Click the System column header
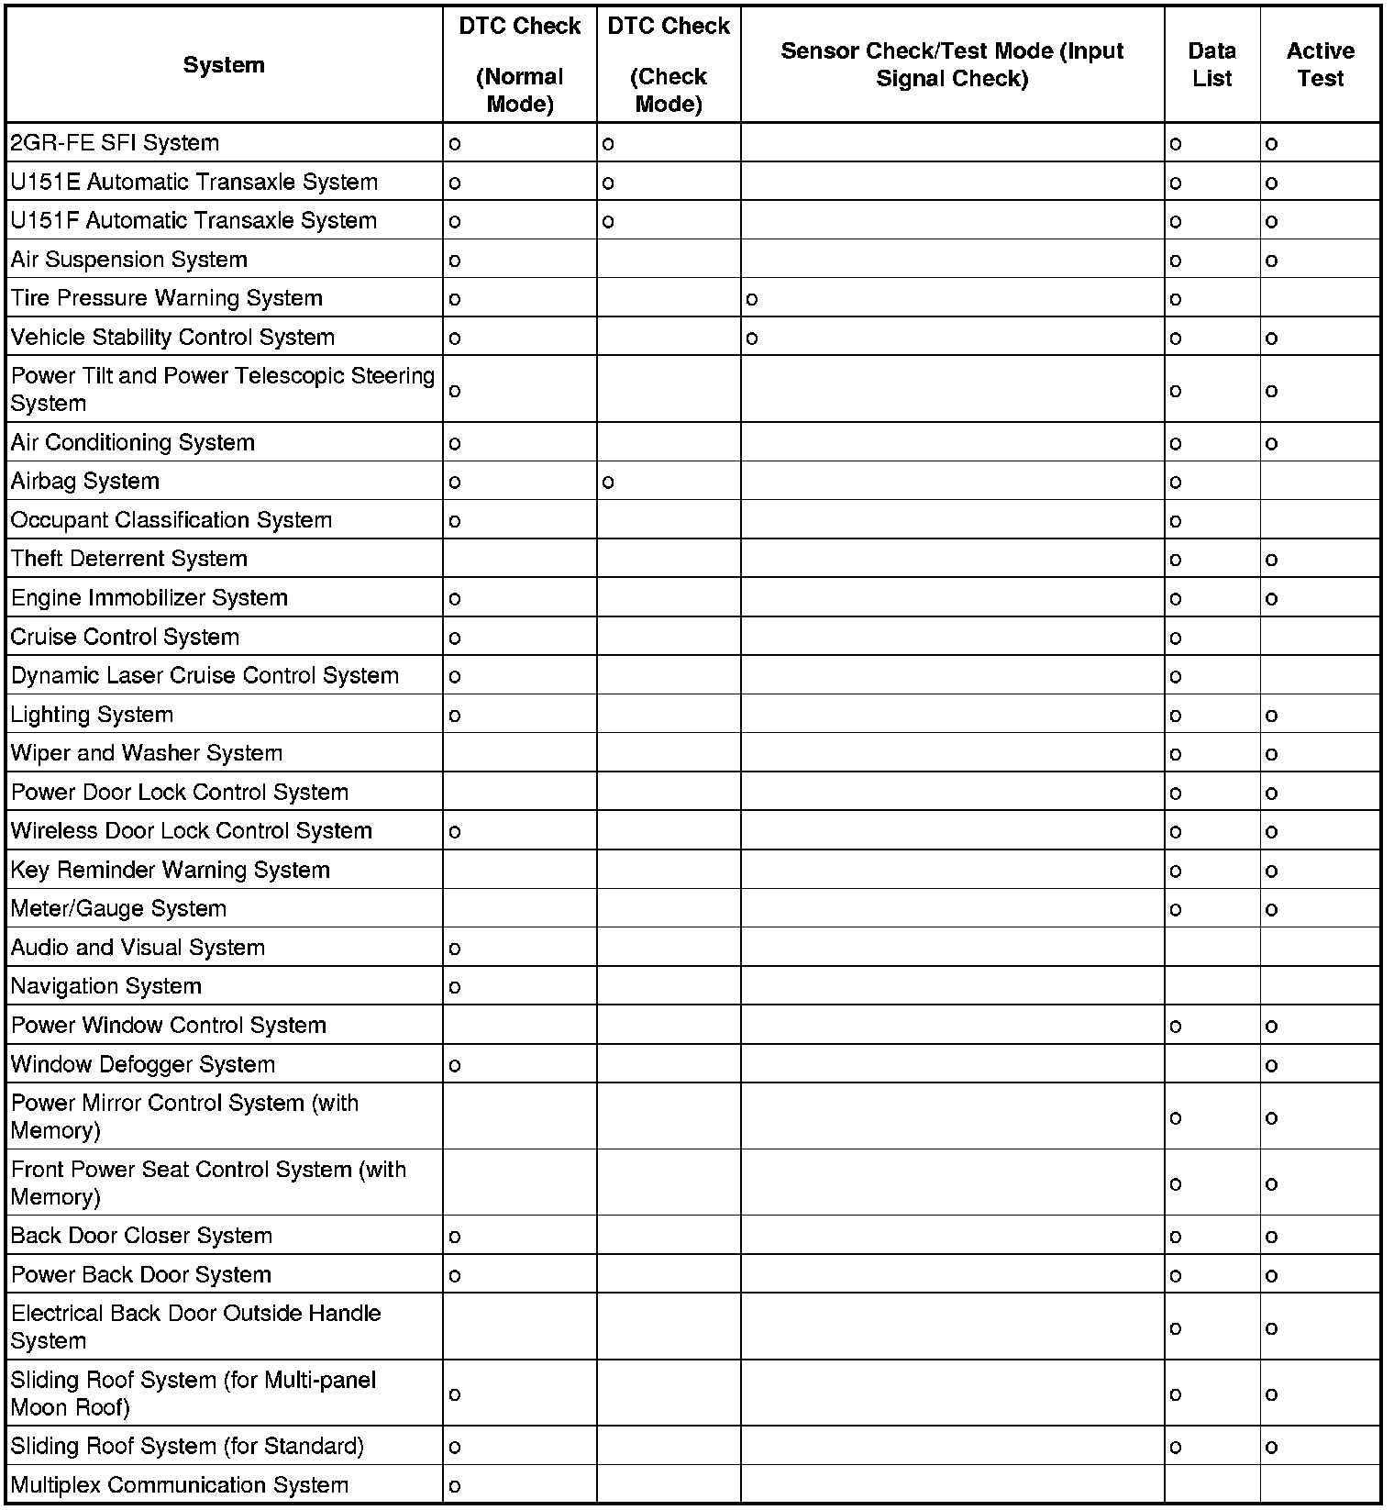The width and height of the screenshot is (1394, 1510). pos(224,65)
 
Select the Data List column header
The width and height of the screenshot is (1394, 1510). pos(1211,64)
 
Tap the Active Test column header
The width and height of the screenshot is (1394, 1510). pos(1320,64)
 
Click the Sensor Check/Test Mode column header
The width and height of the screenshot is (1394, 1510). pos(951,64)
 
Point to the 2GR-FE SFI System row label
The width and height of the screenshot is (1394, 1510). pos(115,143)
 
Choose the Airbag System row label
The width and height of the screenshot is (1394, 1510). pos(85,482)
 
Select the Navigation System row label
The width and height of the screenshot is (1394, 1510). pos(106,986)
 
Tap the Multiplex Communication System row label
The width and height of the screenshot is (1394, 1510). pos(180,1485)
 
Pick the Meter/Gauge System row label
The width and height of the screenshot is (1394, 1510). pos(118,909)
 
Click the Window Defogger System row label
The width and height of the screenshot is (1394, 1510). pos(143,1065)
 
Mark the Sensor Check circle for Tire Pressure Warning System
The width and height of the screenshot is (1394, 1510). pos(752,299)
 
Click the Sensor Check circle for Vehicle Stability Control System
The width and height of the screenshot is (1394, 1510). pos(752,339)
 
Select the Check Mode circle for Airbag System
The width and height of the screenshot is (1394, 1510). pos(608,483)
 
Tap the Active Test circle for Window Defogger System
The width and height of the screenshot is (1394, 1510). pos(1271,1066)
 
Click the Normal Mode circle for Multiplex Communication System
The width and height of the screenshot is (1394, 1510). pos(455,1486)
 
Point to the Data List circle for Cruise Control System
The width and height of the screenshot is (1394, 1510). pos(1176,638)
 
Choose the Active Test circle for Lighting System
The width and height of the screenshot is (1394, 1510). pos(1271,716)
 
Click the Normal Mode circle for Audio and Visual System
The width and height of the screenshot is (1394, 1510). pos(455,949)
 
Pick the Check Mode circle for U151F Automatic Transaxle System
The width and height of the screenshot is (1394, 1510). pos(608,222)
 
